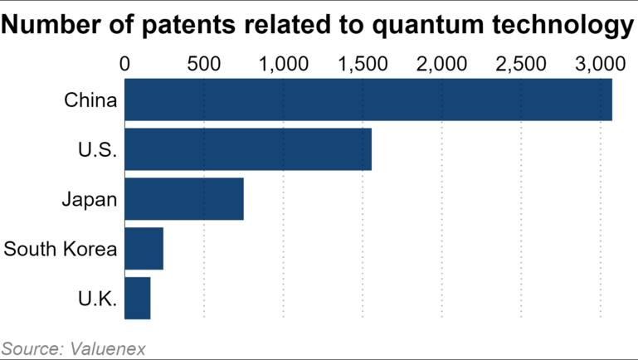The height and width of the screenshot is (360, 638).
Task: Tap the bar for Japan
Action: (183, 199)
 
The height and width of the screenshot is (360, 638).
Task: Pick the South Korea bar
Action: (144, 249)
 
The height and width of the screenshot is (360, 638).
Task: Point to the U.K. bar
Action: (137, 298)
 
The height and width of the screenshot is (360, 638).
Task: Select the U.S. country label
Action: (97, 150)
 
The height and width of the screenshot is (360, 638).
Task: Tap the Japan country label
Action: (89, 200)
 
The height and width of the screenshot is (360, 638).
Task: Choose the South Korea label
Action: (61, 249)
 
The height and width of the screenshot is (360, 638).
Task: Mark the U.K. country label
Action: (97, 299)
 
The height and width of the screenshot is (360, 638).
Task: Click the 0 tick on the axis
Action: (125, 63)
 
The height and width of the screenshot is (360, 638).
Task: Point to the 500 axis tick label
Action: (204, 63)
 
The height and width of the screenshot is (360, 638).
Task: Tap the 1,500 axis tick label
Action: (363, 63)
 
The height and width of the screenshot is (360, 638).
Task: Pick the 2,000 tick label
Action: (442, 63)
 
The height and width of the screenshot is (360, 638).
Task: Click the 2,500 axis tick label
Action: (521, 63)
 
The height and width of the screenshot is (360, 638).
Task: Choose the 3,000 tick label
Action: (600, 63)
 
